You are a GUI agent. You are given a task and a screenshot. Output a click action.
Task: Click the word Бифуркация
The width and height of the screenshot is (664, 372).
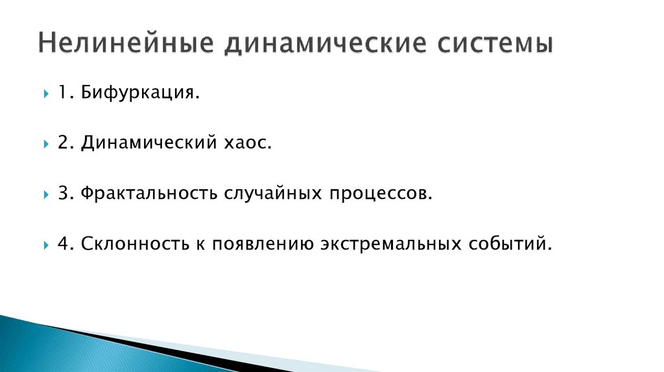pos(139,94)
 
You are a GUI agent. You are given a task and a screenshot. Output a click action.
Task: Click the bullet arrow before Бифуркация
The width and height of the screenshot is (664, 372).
pos(47,95)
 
